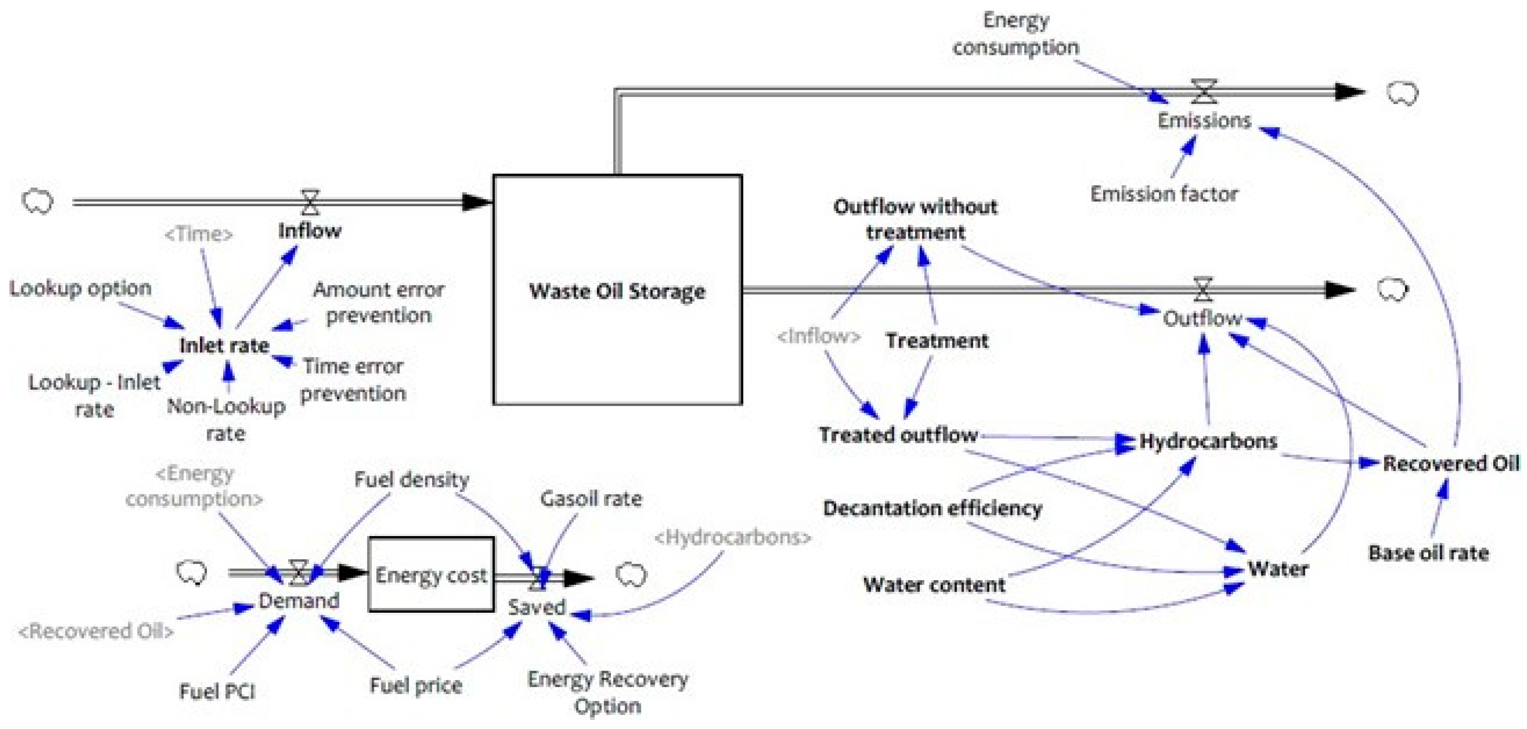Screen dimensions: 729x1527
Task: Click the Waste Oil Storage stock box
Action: [x=617, y=290]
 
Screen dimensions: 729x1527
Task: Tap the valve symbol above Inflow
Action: [x=310, y=202]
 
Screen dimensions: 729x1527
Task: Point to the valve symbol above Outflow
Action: [x=1202, y=289]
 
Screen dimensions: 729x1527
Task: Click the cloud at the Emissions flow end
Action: [x=1402, y=94]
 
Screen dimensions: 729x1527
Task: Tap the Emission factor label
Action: [x=1164, y=194]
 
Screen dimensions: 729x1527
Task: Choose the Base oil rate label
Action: [x=1428, y=553]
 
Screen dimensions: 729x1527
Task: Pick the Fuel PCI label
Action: [x=217, y=691]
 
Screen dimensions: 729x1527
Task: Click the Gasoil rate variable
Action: [x=590, y=499]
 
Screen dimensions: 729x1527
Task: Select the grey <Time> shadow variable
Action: [x=199, y=234]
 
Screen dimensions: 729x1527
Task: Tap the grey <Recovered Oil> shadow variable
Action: [x=96, y=631]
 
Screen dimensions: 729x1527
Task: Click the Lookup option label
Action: [x=81, y=288]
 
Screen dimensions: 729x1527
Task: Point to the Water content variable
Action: [x=934, y=585]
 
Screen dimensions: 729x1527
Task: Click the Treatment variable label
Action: [x=937, y=341]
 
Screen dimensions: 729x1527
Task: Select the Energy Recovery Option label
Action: [x=608, y=692]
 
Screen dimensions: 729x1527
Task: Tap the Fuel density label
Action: [x=411, y=479]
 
